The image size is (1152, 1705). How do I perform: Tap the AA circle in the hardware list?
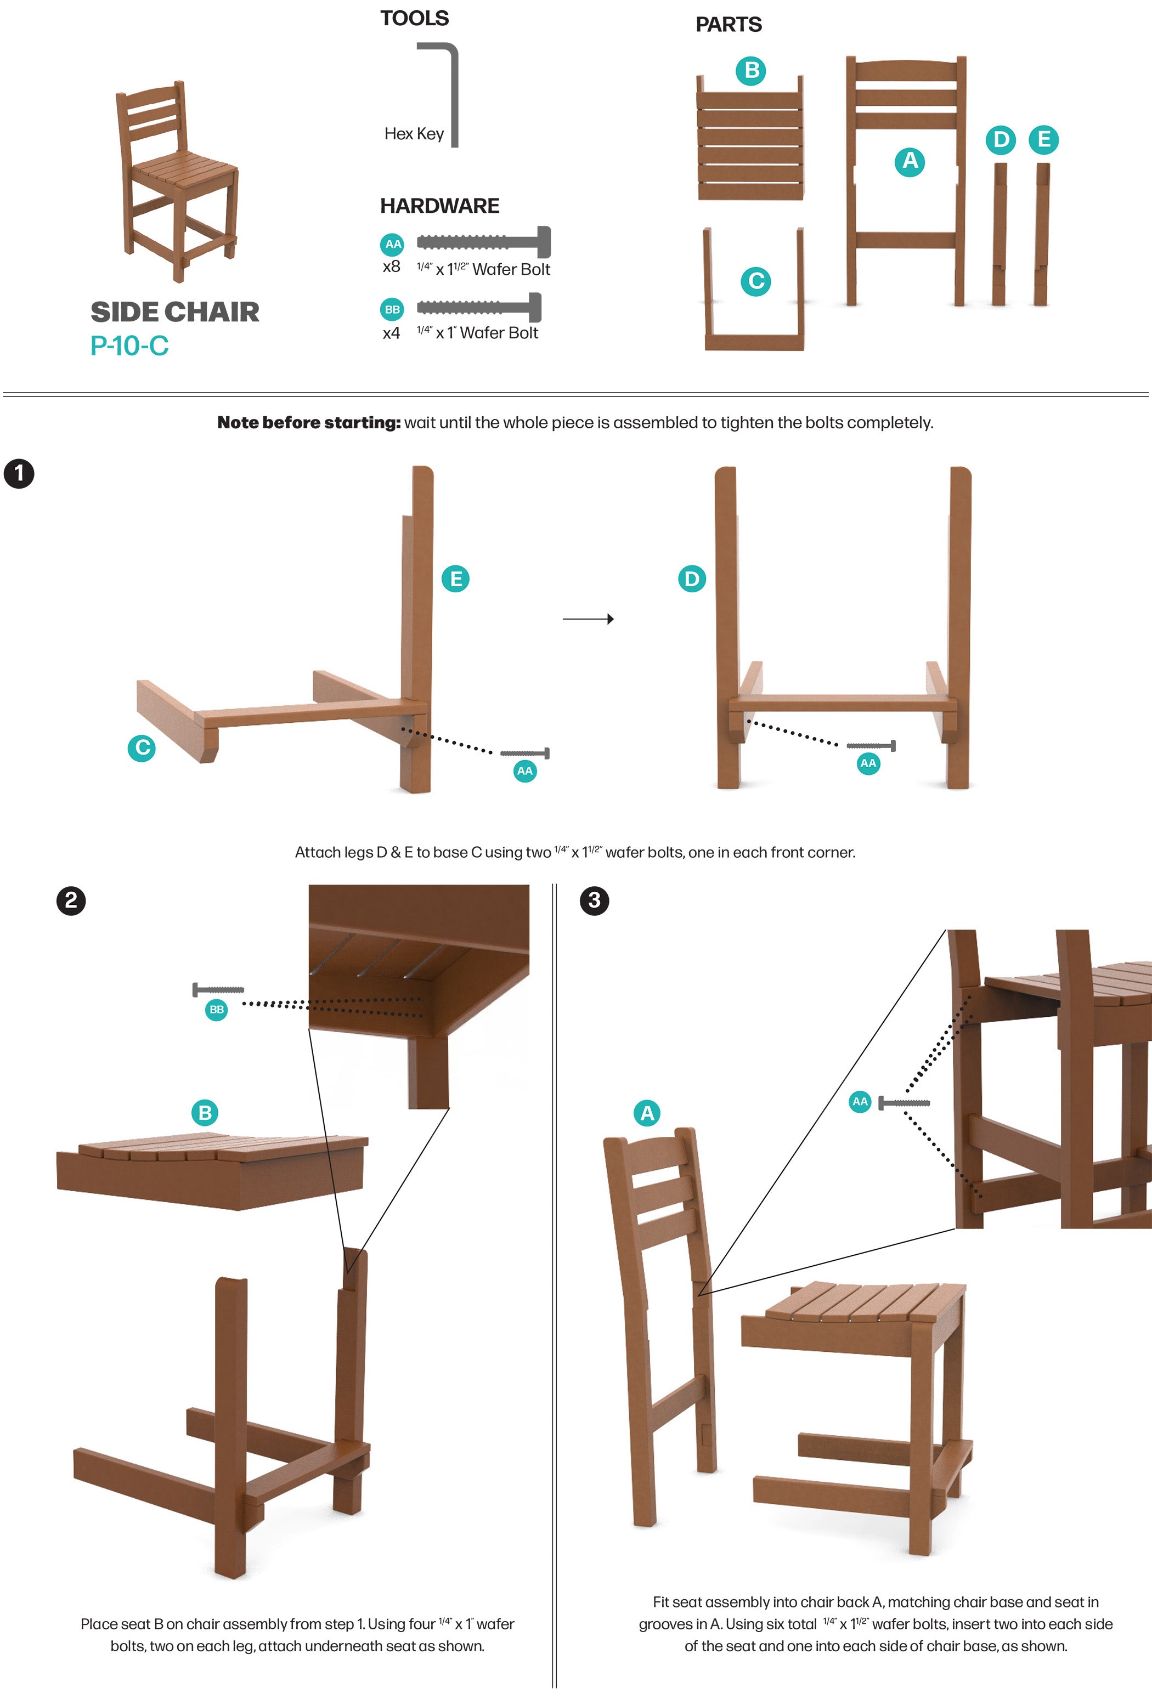pyautogui.click(x=393, y=244)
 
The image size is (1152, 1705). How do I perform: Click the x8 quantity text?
pyautogui.click(x=391, y=267)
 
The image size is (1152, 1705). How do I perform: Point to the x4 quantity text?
pyautogui.click(x=391, y=333)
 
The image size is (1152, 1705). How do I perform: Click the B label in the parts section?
pyautogui.click(x=750, y=70)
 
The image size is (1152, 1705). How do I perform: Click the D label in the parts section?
pyautogui.click(x=1001, y=139)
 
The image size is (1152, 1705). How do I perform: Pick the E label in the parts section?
pyautogui.click(x=1043, y=139)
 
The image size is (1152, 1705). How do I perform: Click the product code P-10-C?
pyautogui.click(x=129, y=345)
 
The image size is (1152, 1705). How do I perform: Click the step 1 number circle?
pyautogui.click(x=19, y=473)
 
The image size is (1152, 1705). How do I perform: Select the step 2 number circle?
pyautogui.click(x=71, y=900)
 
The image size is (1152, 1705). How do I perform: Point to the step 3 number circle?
pyautogui.click(x=594, y=900)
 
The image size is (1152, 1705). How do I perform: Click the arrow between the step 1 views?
pyautogui.click(x=588, y=619)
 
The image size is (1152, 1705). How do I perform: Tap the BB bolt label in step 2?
pyautogui.click(x=217, y=1010)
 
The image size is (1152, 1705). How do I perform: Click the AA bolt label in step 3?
pyautogui.click(x=860, y=1101)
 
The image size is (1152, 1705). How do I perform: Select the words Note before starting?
pyautogui.click(x=309, y=423)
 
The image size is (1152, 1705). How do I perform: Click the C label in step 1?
pyautogui.click(x=142, y=747)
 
